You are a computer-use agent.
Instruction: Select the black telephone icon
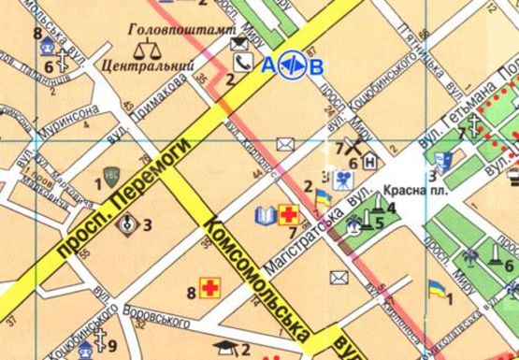coord(243,64)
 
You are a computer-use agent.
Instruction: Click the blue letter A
coord(269,65)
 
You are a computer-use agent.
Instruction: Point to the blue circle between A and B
coord(294,65)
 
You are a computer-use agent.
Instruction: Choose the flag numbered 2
coord(323,197)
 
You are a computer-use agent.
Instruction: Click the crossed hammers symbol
coord(354,146)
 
